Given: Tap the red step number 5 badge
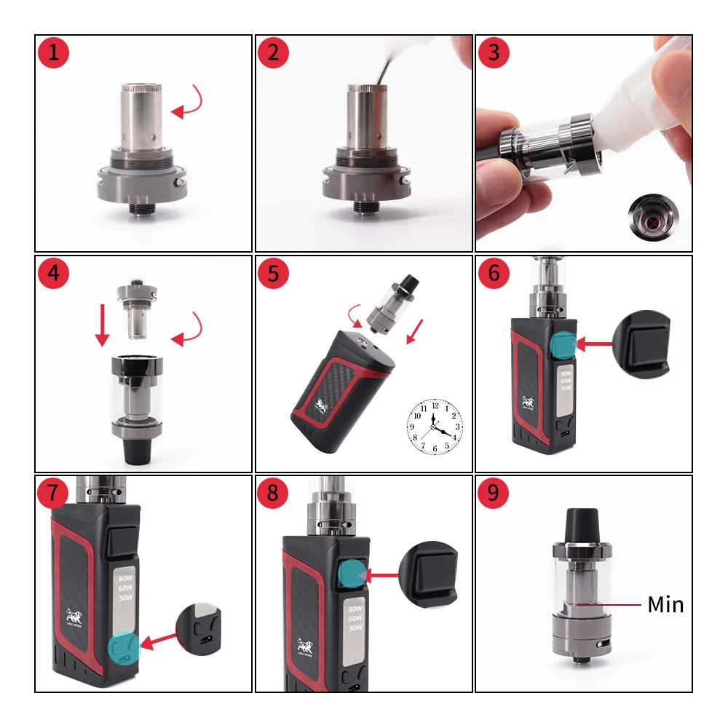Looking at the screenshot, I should [273, 273].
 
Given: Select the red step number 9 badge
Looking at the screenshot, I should [493, 493].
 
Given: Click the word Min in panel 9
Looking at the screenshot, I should [665, 604].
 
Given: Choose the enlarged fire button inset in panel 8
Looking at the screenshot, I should [429, 574].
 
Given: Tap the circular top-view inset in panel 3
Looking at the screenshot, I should [653, 216].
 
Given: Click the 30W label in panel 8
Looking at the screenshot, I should [355, 628].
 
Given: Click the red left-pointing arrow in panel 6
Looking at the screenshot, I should [594, 343].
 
